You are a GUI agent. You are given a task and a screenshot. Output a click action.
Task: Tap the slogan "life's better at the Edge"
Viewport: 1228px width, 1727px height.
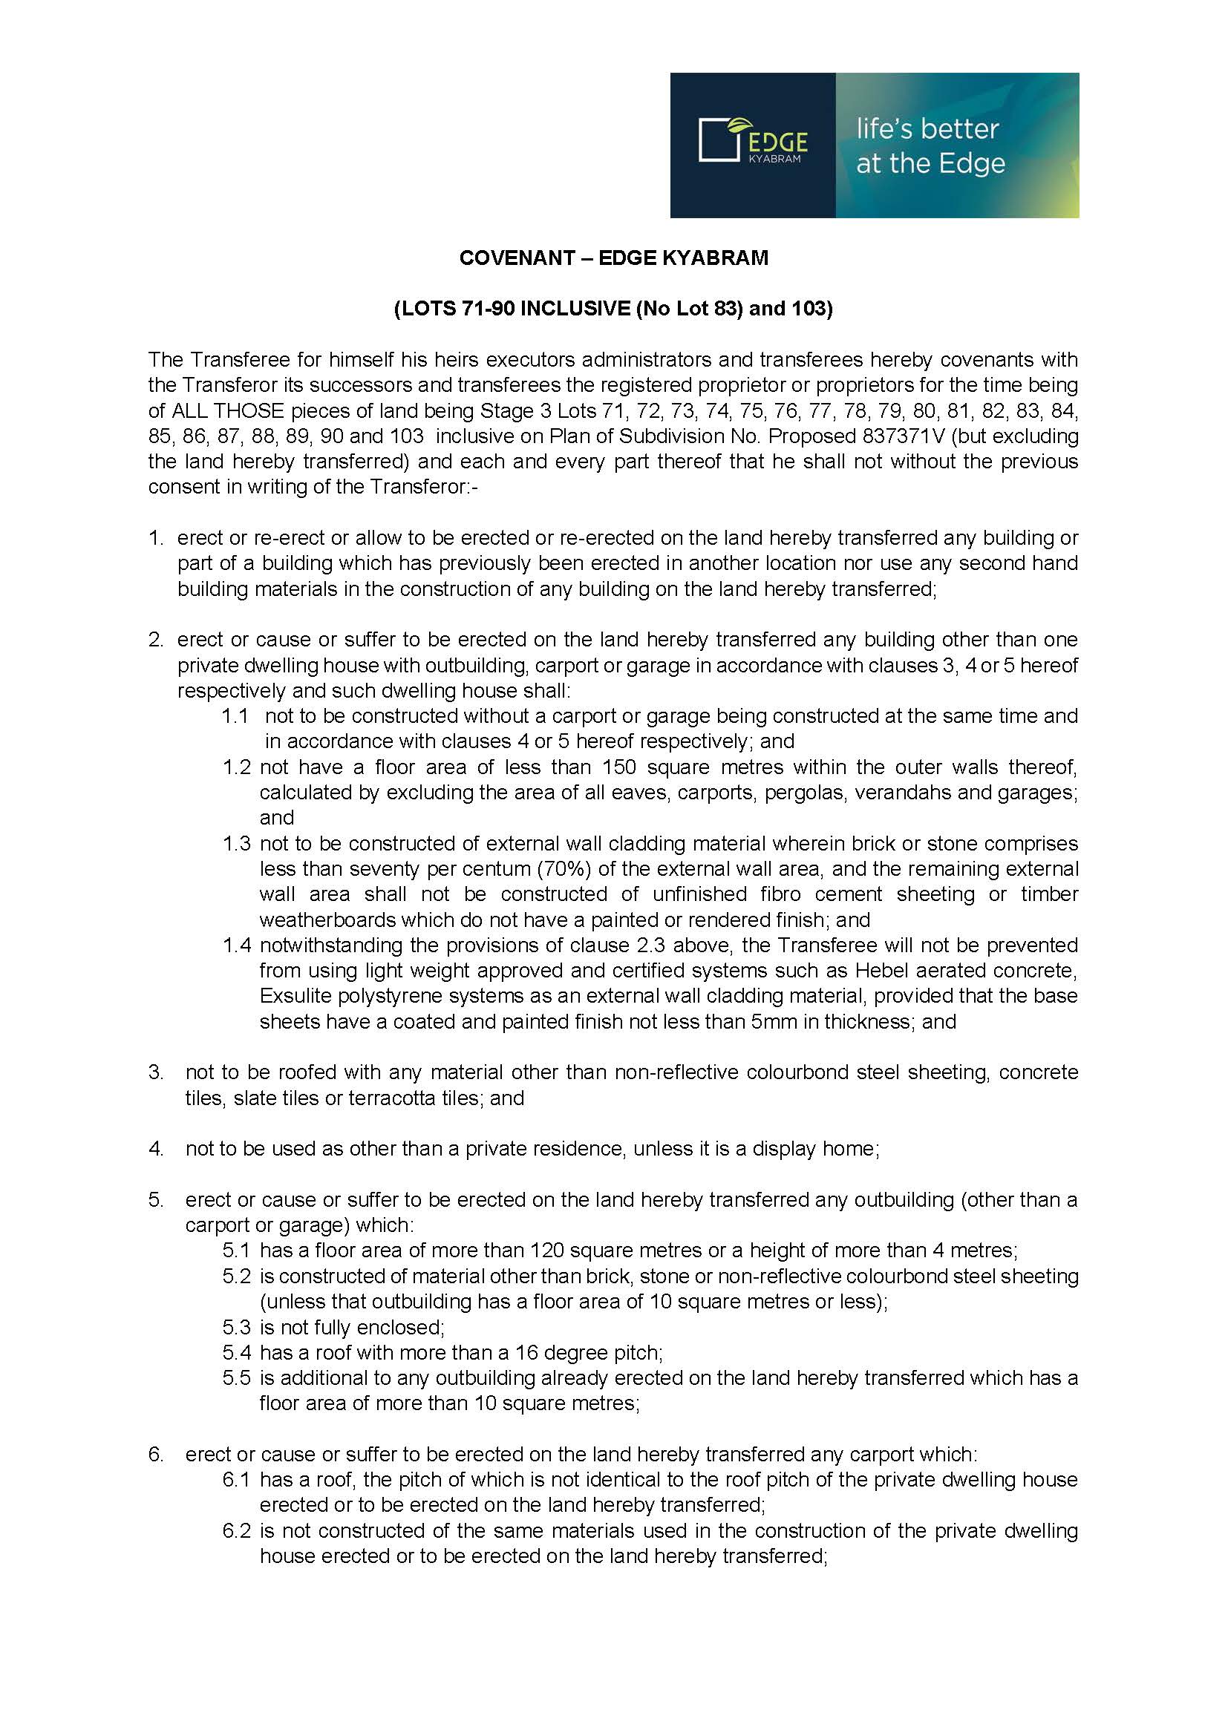point(930,146)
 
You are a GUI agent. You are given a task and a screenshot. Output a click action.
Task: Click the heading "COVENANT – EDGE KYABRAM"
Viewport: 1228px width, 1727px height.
point(613,258)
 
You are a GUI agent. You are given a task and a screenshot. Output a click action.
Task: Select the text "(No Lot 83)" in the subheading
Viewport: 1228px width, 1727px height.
point(689,309)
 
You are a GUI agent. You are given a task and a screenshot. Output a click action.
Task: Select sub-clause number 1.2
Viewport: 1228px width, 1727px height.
point(236,767)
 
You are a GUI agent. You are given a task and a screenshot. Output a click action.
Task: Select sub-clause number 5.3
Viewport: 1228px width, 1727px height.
point(236,1327)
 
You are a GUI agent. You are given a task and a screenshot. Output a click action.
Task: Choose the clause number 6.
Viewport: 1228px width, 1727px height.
point(155,1455)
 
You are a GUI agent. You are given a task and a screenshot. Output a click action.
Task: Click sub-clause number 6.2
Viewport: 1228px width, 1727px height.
point(236,1531)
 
